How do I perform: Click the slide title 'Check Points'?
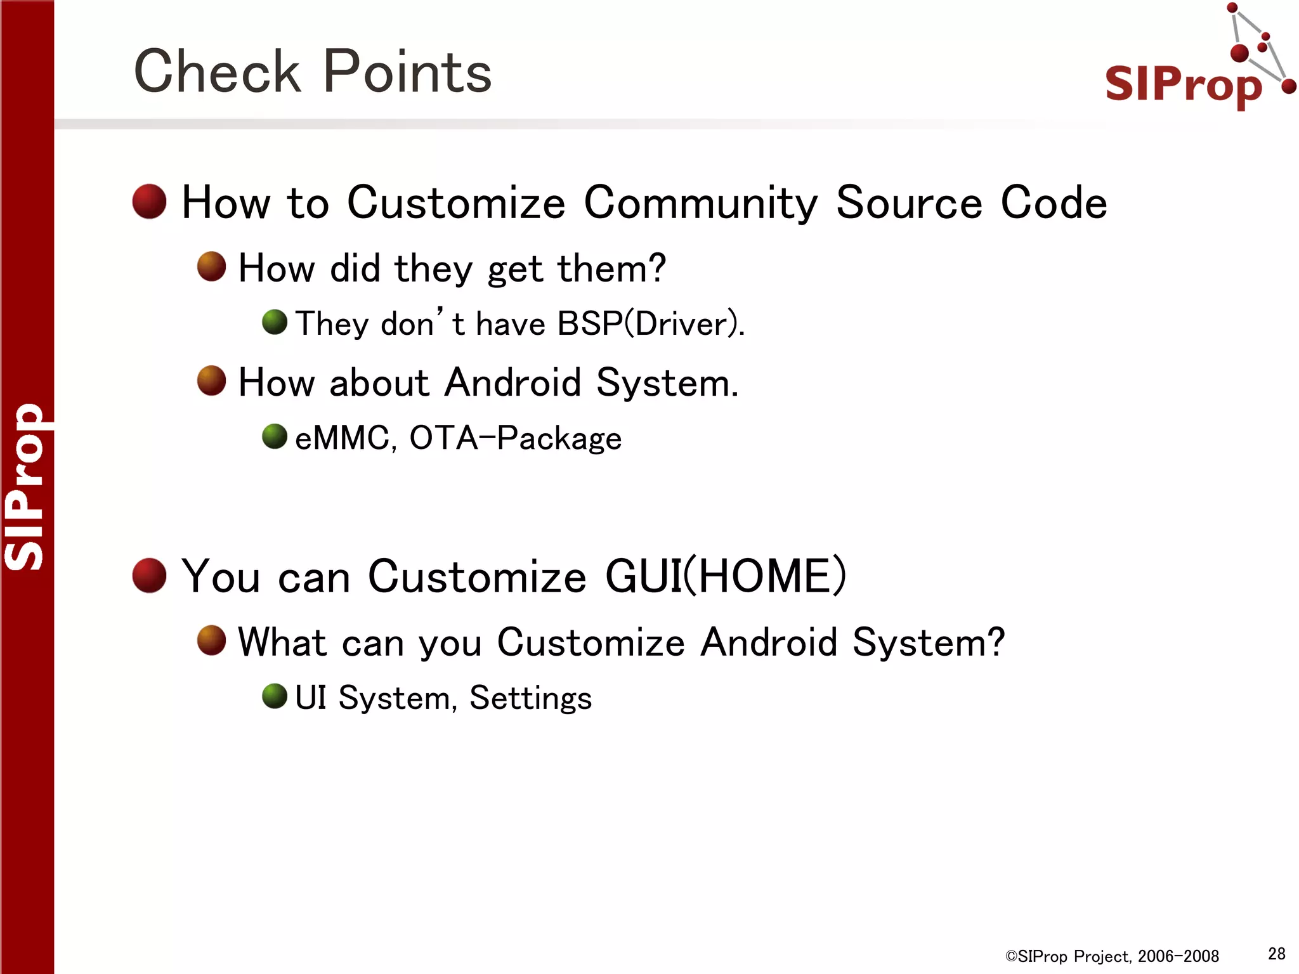point(312,71)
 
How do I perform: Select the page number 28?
point(1276,954)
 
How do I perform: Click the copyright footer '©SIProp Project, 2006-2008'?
point(1112,956)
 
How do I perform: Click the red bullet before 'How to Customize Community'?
point(149,202)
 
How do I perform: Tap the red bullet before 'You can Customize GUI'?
point(149,575)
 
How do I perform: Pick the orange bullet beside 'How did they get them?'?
point(211,266)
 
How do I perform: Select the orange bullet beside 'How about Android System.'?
point(211,380)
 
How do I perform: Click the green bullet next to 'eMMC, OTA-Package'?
point(275,436)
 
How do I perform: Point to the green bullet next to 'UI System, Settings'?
point(275,696)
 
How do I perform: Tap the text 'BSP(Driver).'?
point(651,324)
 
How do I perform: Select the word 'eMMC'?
point(343,438)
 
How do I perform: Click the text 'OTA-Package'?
point(515,438)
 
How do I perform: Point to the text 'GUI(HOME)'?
point(726,576)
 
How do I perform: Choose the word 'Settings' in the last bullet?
point(530,699)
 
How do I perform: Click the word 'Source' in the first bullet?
point(909,203)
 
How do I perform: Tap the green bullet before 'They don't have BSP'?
point(275,322)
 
